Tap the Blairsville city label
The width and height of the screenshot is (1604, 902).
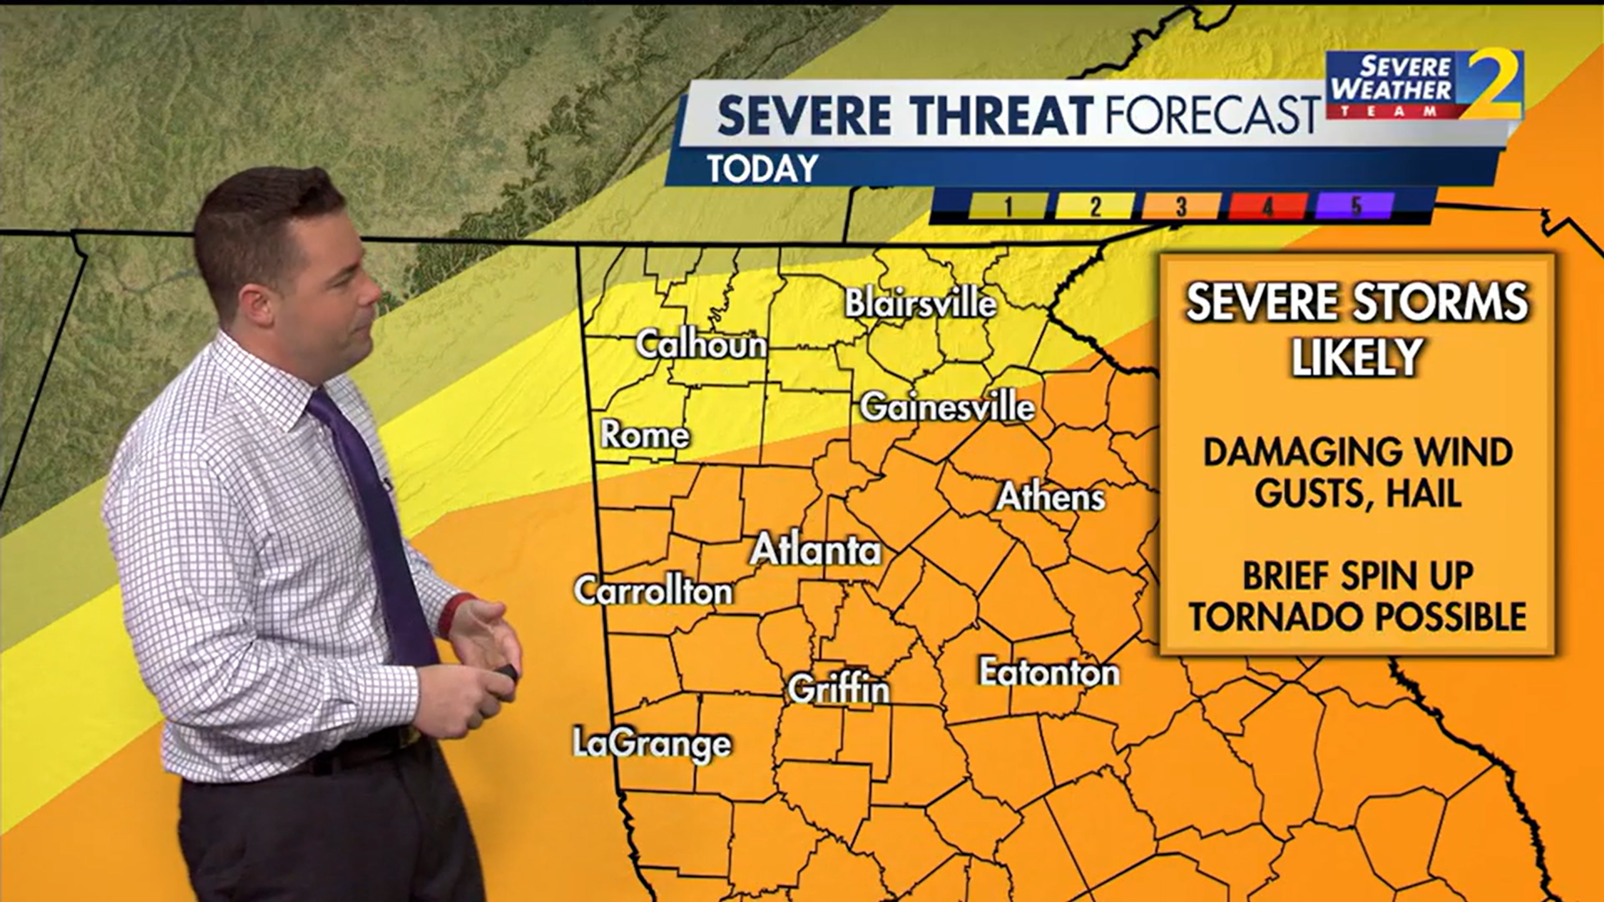point(920,304)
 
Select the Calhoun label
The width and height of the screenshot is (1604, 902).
point(701,344)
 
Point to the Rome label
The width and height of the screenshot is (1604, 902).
point(645,434)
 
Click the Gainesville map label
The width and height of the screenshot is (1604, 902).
point(947,408)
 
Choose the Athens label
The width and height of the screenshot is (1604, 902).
point(1051,497)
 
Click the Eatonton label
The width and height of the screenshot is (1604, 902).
point(1049,673)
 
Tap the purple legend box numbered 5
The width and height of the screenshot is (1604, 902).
point(1354,206)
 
